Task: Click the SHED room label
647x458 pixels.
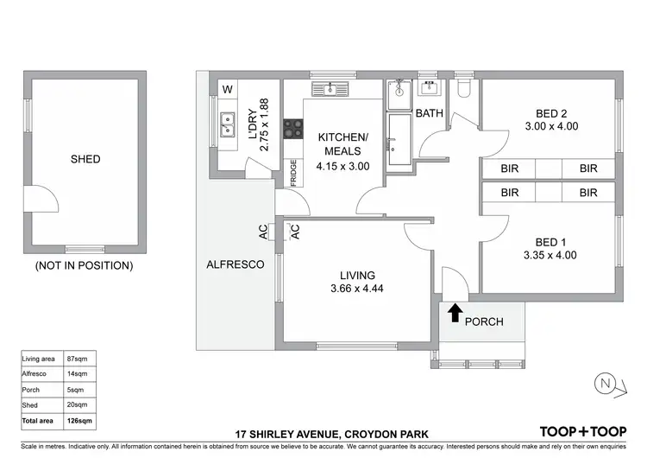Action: pyautogui.click(x=85, y=159)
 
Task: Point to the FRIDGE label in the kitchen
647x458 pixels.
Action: pyautogui.click(x=294, y=174)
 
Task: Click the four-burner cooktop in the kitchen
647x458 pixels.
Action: pyautogui.click(x=293, y=129)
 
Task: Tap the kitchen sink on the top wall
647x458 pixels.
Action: pyautogui.click(x=330, y=88)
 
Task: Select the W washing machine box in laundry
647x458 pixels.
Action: pyautogui.click(x=228, y=90)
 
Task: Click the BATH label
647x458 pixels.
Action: pyautogui.click(x=429, y=113)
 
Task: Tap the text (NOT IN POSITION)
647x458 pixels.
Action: pyautogui.click(x=84, y=265)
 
